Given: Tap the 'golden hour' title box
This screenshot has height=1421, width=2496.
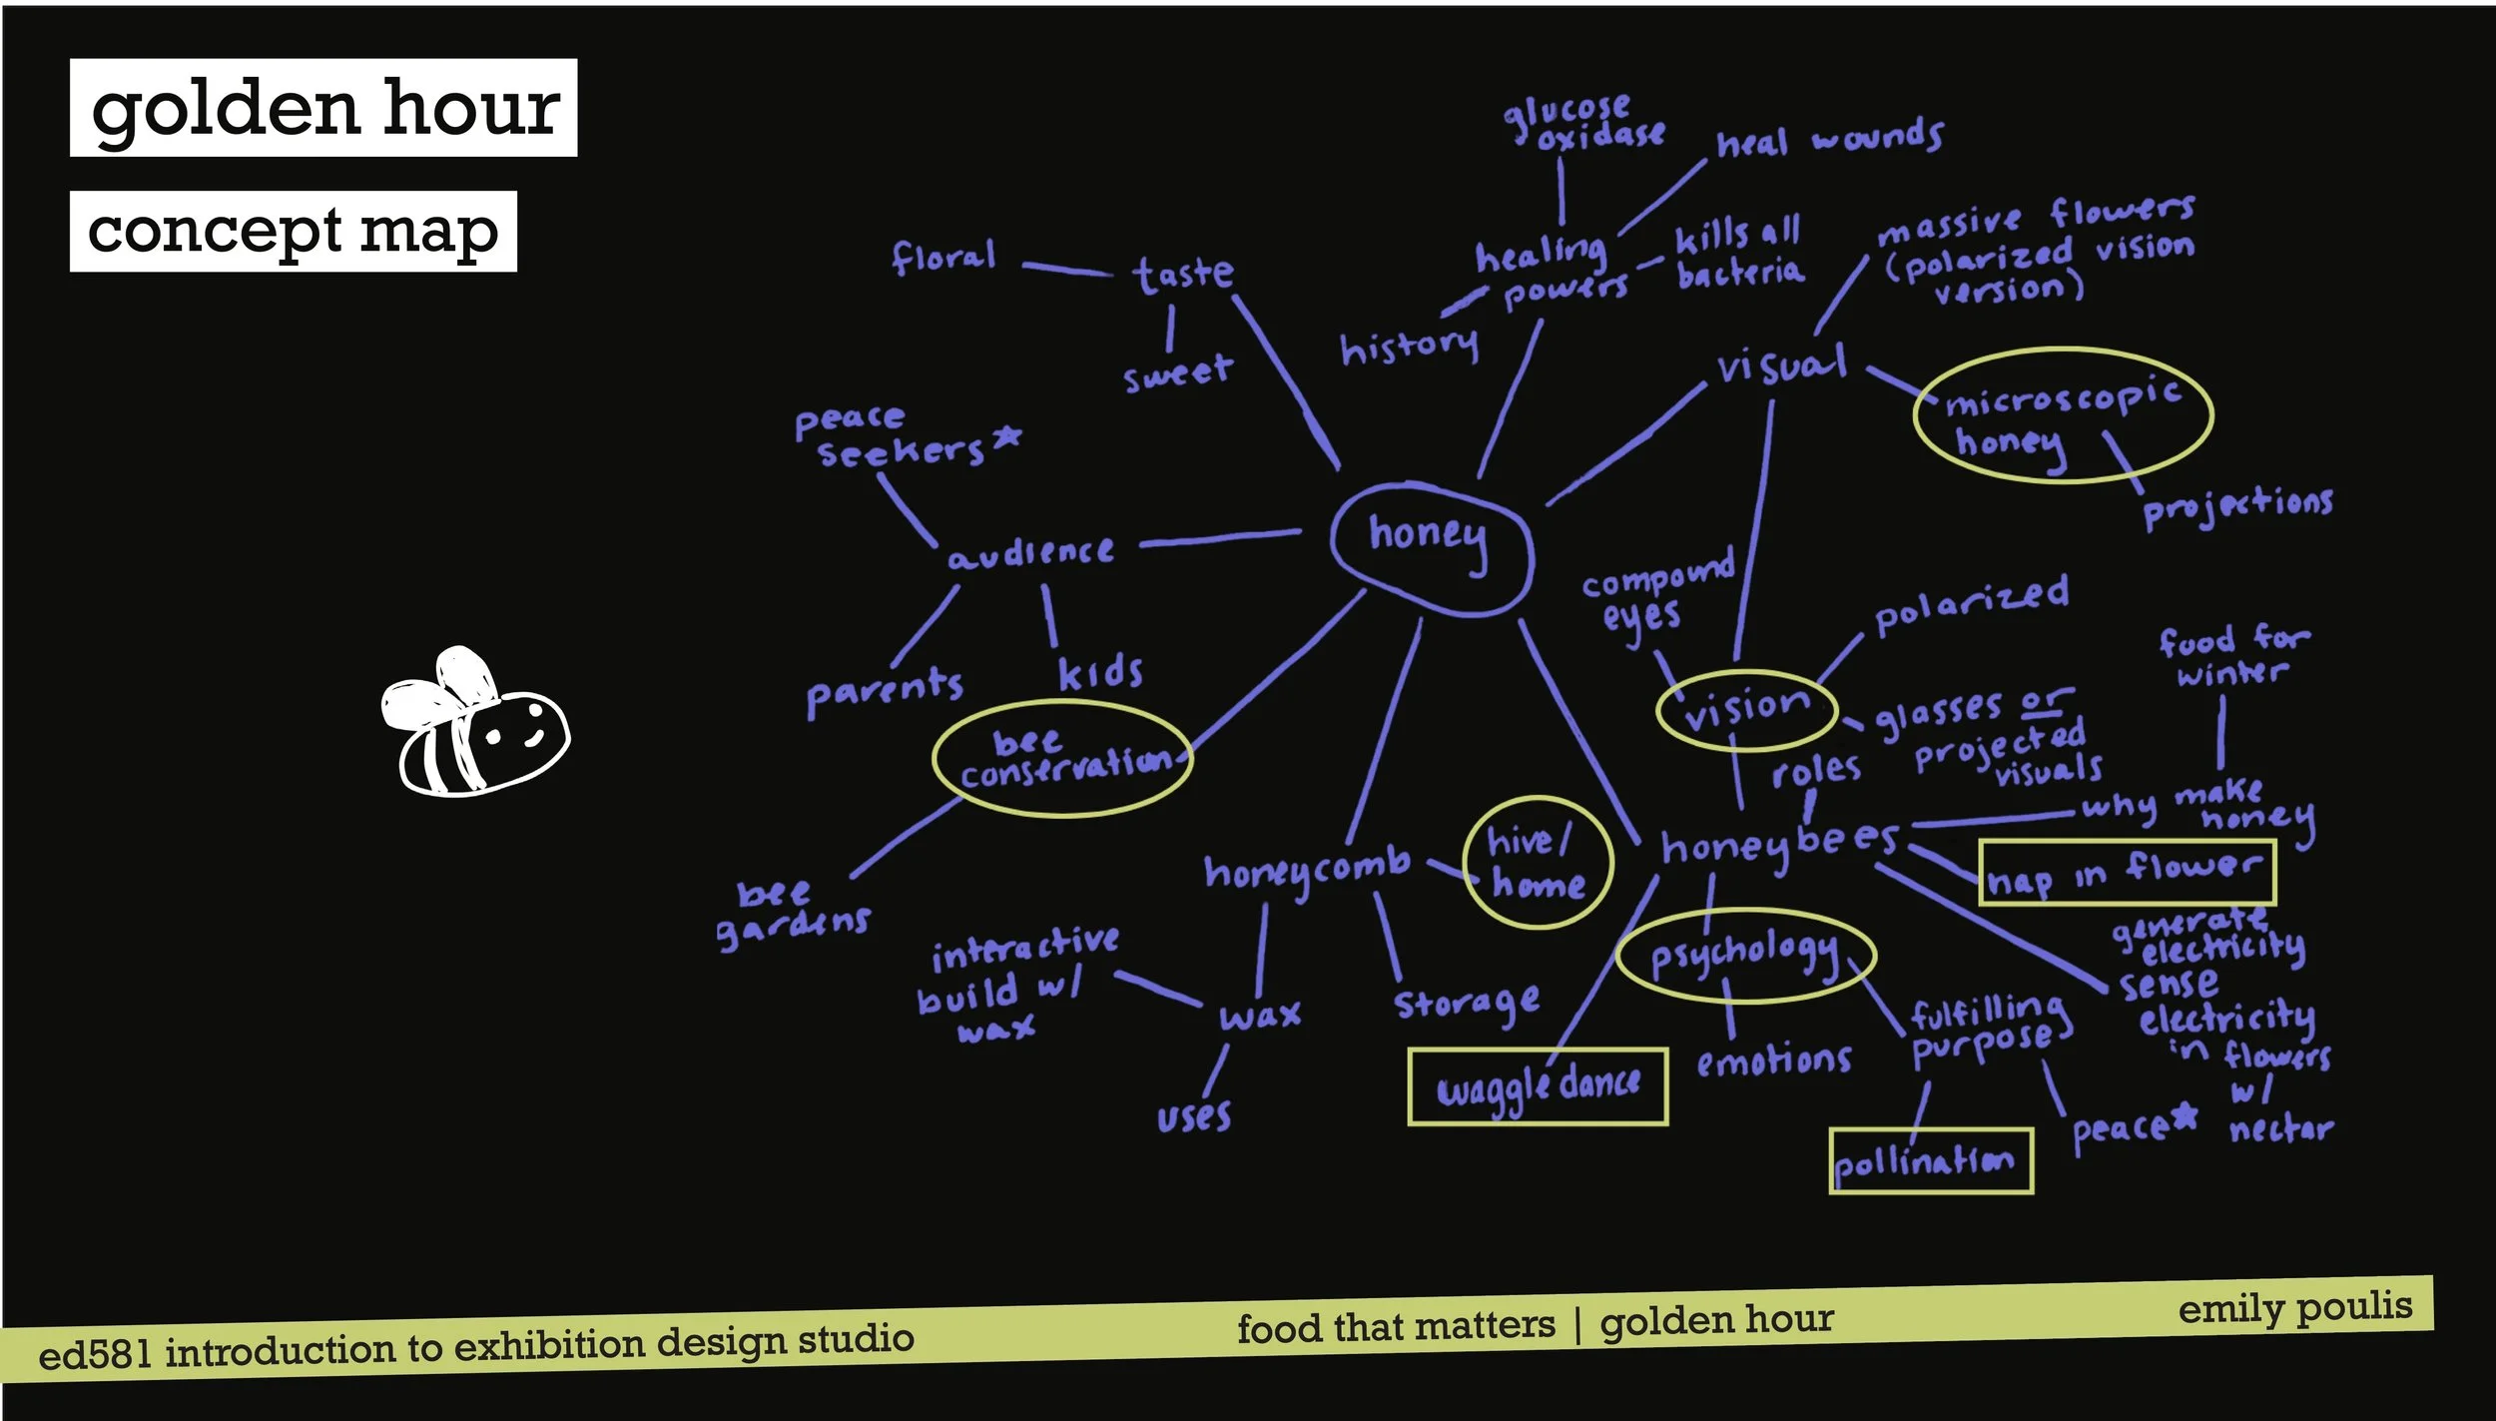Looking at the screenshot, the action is coord(323,108).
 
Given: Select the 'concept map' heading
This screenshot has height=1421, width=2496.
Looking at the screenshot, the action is coord(293,232).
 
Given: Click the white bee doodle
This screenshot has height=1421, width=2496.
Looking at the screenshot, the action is coord(475,724).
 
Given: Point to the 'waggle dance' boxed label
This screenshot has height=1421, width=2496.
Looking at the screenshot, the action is coord(1538,1086).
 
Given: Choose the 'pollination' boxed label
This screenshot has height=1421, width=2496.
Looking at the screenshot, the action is coord(1931,1160).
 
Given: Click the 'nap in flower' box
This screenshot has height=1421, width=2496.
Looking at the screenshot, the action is coord(2127,873).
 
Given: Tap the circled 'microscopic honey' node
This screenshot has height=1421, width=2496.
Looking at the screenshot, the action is coord(2063,415).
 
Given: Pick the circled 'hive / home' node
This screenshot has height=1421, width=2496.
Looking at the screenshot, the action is coord(1538,863).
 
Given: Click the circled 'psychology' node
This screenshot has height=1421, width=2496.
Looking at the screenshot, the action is coord(1745,955).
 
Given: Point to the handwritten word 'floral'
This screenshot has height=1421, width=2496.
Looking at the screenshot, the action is coord(943,258).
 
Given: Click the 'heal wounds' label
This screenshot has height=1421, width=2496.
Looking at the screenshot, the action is coord(1829,140).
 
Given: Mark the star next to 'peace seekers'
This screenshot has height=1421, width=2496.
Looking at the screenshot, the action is coord(1008,435).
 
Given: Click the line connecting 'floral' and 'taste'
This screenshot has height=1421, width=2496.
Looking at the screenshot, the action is coord(1067,269).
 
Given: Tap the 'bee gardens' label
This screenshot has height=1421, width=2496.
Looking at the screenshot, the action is coord(794,913).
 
